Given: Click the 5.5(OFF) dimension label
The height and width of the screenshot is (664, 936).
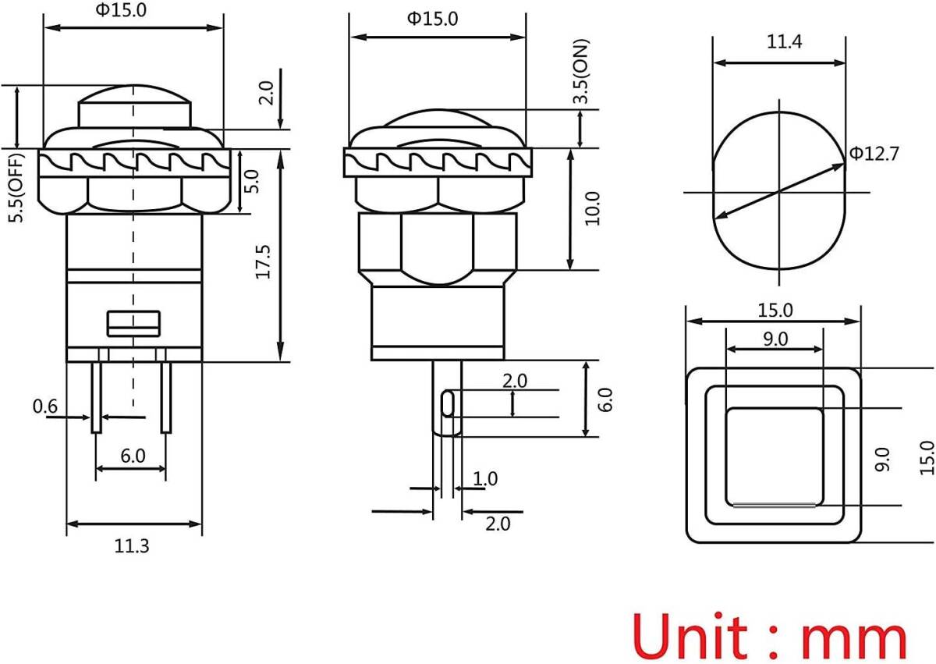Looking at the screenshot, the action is coord(16,188).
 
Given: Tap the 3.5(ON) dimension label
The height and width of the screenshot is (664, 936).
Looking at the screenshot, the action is coord(580,71).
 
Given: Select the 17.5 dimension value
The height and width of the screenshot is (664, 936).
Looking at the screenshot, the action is coord(264,262).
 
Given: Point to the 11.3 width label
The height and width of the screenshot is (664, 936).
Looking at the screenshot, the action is coord(132,546).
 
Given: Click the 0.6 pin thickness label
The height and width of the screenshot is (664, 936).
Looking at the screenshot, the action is coord(45,407).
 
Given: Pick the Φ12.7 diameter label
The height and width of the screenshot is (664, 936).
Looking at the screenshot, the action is coord(874,154).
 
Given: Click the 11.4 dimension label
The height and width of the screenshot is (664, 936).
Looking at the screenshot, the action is coord(785,42).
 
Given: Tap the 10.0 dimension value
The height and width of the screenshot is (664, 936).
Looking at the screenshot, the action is coord(593,208).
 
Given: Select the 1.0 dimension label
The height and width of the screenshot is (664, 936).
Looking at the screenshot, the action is coord(485,479).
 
